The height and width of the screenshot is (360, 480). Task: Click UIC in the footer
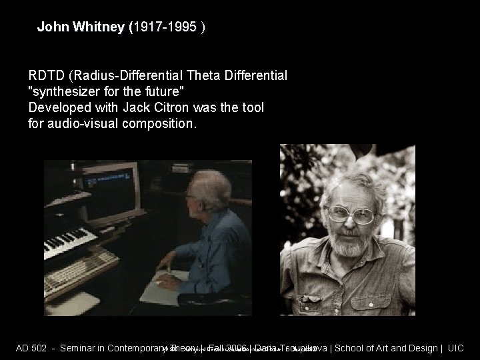[x=455, y=348]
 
